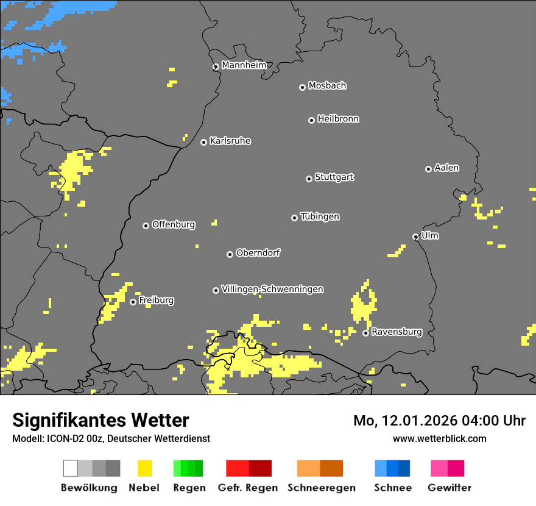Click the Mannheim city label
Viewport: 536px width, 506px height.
click(244, 65)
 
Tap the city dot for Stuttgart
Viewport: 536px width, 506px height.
click(309, 179)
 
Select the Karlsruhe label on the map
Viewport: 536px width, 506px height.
click(230, 141)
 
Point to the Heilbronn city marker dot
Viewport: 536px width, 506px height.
click(311, 120)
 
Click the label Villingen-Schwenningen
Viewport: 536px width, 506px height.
click(272, 289)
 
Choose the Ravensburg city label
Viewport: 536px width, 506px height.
click(397, 332)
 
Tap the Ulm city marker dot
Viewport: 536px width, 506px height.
click(415, 237)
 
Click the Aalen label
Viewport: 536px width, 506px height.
click(446, 168)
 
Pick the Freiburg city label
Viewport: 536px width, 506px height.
click(156, 300)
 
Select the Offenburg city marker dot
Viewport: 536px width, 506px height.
click(146, 226)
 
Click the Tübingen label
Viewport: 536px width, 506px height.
click(320, 216)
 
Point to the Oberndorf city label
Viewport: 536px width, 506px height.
click(258, 252)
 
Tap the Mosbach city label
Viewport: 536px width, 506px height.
click(327, 86)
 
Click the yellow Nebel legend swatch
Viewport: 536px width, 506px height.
click(144, 468)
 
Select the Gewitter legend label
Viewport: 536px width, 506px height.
click(450, 488)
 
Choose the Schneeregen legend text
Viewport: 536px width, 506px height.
click(322, 488)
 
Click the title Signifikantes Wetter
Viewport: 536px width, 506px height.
click(100, 420)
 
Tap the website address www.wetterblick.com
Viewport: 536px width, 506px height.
click(439, 438)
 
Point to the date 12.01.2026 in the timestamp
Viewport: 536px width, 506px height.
click(419, 421)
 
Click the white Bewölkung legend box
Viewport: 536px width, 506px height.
click(71, 468)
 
